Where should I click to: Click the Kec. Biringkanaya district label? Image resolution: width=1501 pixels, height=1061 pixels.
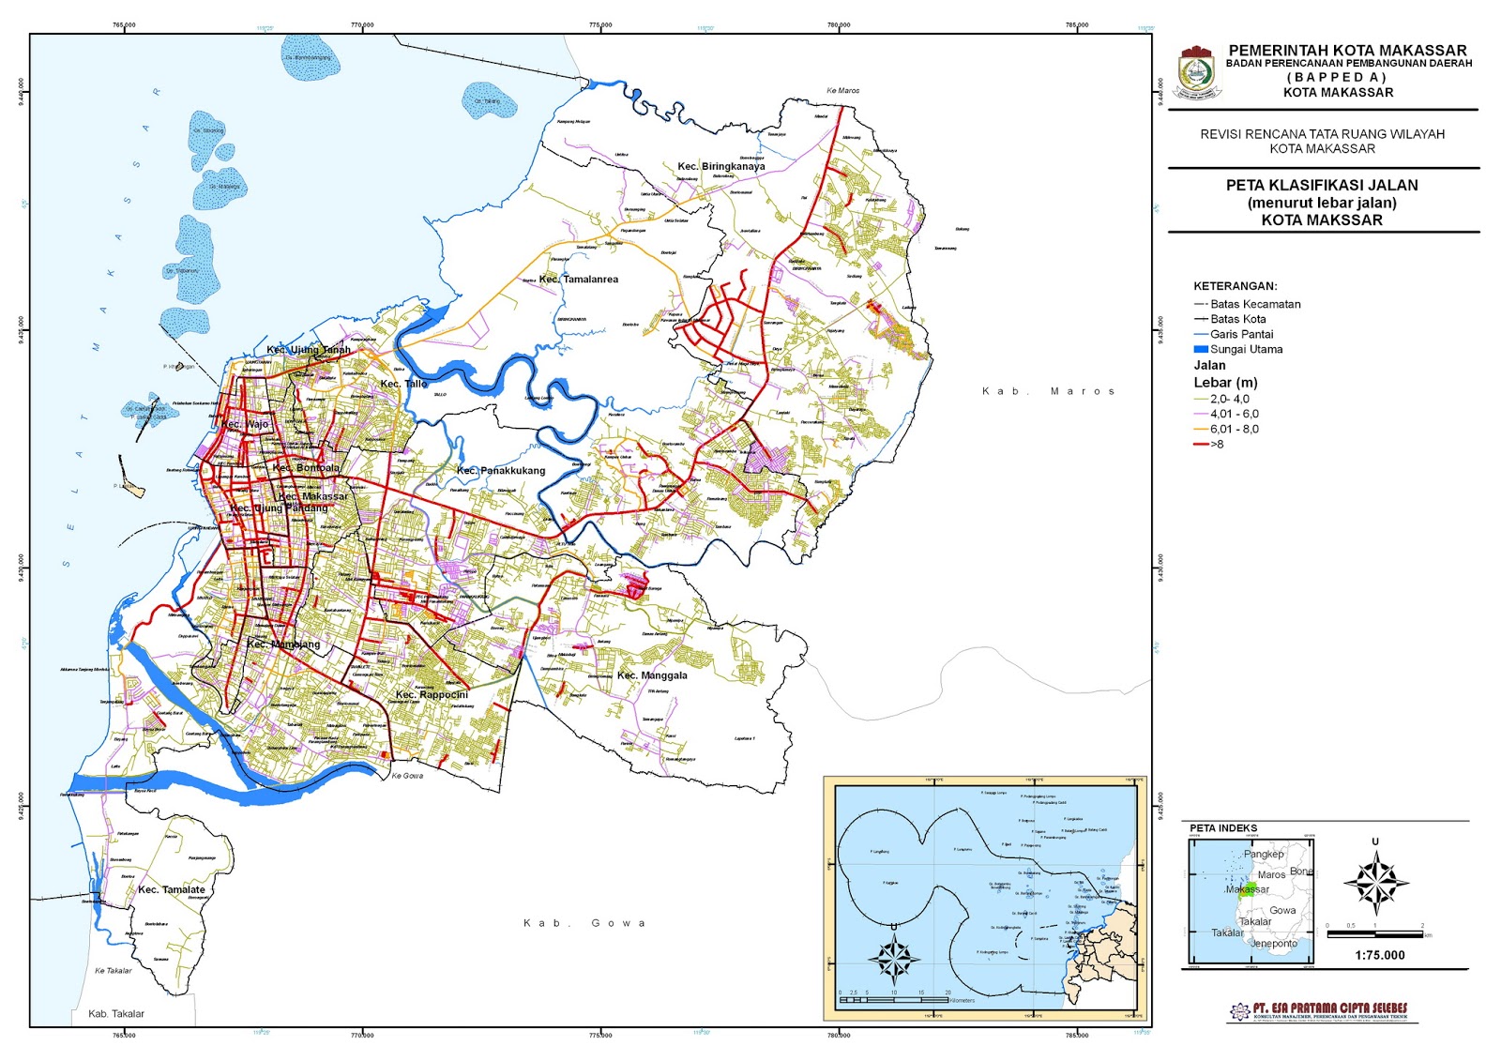pyautogui.click(x=720, y=166)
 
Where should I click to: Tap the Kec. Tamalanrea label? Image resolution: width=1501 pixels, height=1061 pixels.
pyautogui.click(x=579, y=279)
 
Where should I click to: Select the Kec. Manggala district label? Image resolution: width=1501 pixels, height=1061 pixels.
pyautogui.click(x=652, y=675)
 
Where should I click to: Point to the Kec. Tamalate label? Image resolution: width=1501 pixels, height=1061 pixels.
pyautogui.click(x=171, y=889)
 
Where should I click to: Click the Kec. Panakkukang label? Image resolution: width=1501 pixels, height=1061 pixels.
pyautogui.click(x=500, y=471)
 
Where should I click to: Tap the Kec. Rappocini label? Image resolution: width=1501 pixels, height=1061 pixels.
pyautogui.click(x=432, y=695)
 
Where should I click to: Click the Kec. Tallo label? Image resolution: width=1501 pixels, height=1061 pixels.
pyautogui.click(x=403, y=384)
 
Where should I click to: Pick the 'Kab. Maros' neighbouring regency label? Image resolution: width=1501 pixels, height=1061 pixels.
pyautogui.click(x=1048, y=391)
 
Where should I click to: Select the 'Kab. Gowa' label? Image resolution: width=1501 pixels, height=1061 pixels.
pyautogui.click(x=584, y=923)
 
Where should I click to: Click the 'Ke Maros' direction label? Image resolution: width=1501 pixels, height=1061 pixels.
pyautogui.click(x=842, y=91)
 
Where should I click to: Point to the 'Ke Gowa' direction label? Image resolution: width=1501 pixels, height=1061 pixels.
pyautogui.click(x=407, y=776)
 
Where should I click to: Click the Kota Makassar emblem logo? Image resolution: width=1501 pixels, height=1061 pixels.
pyautogui.click(x=1199, y=72)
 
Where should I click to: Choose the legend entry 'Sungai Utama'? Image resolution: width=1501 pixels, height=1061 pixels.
pyautogui.click(x=1245, y=349)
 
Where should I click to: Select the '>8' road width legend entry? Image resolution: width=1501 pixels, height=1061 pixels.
pyautogui.click(x=1216, y=444)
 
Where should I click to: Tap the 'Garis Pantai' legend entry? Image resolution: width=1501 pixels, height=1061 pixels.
pyautogui.click(x=1240, y=334)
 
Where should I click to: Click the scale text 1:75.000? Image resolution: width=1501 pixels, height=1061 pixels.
pyautogui.click(x=1379, y=955)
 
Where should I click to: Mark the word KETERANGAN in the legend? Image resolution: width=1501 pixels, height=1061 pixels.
pyautogui.click(x=1235, y=286)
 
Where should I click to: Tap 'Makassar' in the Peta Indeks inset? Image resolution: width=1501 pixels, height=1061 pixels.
pyautogui.click(x=1248, y=889)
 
